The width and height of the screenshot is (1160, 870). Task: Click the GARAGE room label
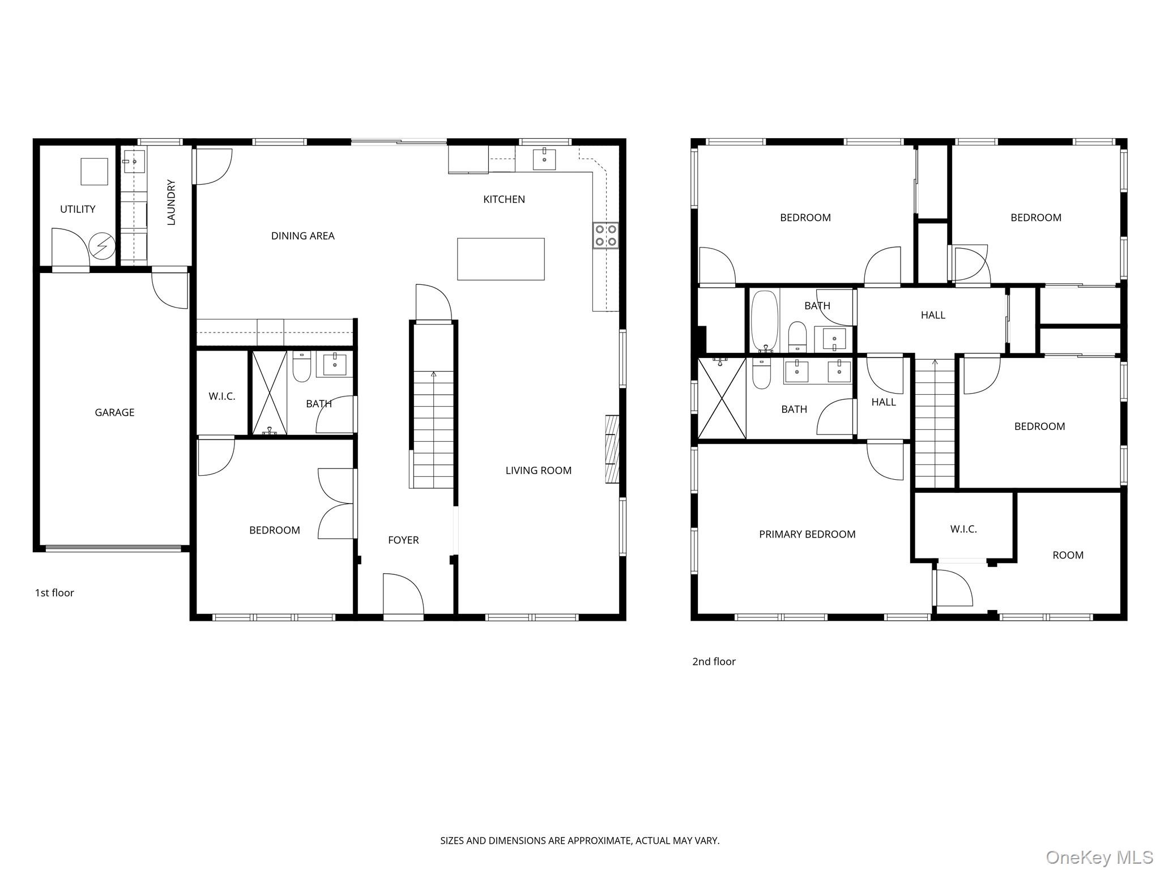pyautogui.click(x=114, y=412)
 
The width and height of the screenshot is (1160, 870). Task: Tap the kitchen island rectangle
pyautogui.click(x=501, y=259)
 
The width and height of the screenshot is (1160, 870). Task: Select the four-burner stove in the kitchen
pyautogui.click(x=605, y=236)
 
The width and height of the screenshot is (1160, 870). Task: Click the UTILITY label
pyautogui.click(x=78, y=209)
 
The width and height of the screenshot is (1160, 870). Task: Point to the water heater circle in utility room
pyautogui.click(x=103, y=246)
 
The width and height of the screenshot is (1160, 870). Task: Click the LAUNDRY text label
pyautogui.click(x=171, y=202)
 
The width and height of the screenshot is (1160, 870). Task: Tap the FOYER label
pyautogui.click(x=403, y=540)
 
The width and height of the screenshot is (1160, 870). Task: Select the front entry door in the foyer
pyautogui.click(x=403, y=595)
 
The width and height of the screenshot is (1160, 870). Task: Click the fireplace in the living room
pyautogui.click(x=612, y=449)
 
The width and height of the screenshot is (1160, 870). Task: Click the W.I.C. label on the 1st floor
pyautogui.click(x=221, y=396)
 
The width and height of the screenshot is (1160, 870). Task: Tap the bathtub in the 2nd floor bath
pyautogui.click(x=765, y=321)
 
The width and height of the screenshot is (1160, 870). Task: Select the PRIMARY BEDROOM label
pyautogui.click(x=807, y=534)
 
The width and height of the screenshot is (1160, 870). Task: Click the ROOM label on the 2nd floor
pyautogui.click(x=1068, y=555)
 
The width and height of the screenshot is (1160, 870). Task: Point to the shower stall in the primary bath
pyautogui.click(x=722, y=398)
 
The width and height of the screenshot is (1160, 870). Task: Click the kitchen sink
pyautogui.click(x=544, y=159)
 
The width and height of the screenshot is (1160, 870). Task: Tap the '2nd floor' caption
pyautogui.click(x=714, y=661)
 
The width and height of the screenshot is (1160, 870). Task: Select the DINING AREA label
pyautogui.click(x=302, y=236)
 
